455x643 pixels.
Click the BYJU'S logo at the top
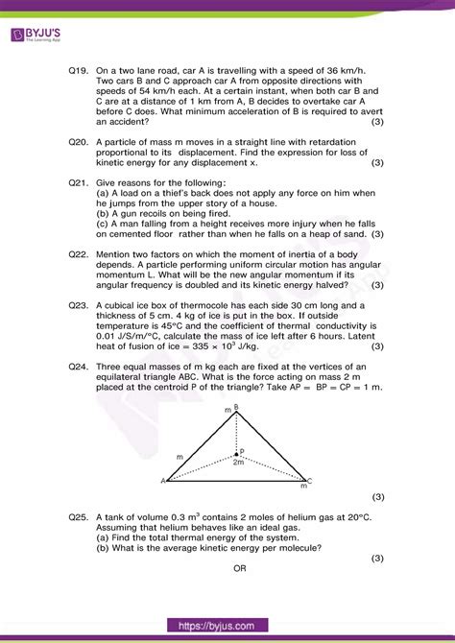click(x=39, y=36)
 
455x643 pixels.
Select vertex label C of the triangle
click(x=310, y=481)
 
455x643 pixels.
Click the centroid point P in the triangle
click(x=242, y=450)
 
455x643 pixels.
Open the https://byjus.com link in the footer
click(x=227, y=625)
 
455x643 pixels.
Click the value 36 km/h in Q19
click(x=346, y=70)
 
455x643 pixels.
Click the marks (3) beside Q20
click(x=376, y=162)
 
